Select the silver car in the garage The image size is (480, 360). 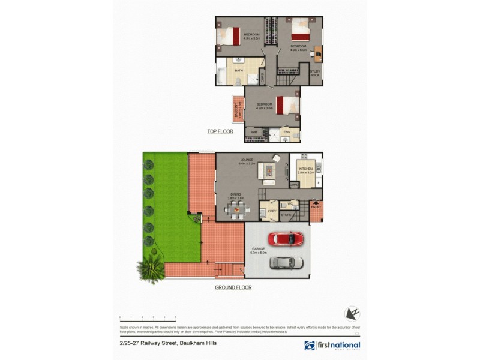282,262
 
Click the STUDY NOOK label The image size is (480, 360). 315,73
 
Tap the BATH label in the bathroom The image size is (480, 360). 239,71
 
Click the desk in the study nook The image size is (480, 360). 317,54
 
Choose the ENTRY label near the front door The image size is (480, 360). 316,208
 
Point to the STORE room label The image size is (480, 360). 286,214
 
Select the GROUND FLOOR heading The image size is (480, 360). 233,288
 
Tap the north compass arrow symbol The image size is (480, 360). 352,313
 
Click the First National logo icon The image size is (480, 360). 310,346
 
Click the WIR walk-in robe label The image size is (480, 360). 253,132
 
